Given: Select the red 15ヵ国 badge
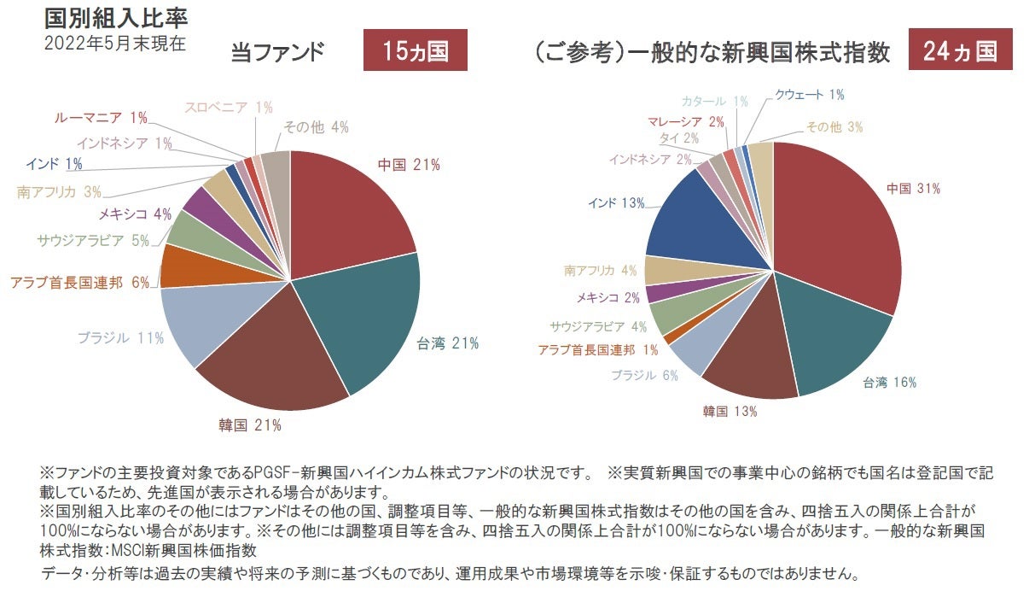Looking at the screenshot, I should tap(416, 51).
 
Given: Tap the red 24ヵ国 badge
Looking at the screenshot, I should tap(960, 51).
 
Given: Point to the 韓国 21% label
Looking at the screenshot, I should tap(250, 424).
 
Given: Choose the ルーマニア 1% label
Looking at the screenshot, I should tap(101, 117).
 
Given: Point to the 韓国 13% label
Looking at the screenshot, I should tap(730, 412).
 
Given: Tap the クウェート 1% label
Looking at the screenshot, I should tap(809, 95).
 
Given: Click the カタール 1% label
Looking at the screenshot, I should tap(715, 102).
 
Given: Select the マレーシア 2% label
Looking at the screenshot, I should tap(685, 122).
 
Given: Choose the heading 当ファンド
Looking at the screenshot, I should tap(277, 53).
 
